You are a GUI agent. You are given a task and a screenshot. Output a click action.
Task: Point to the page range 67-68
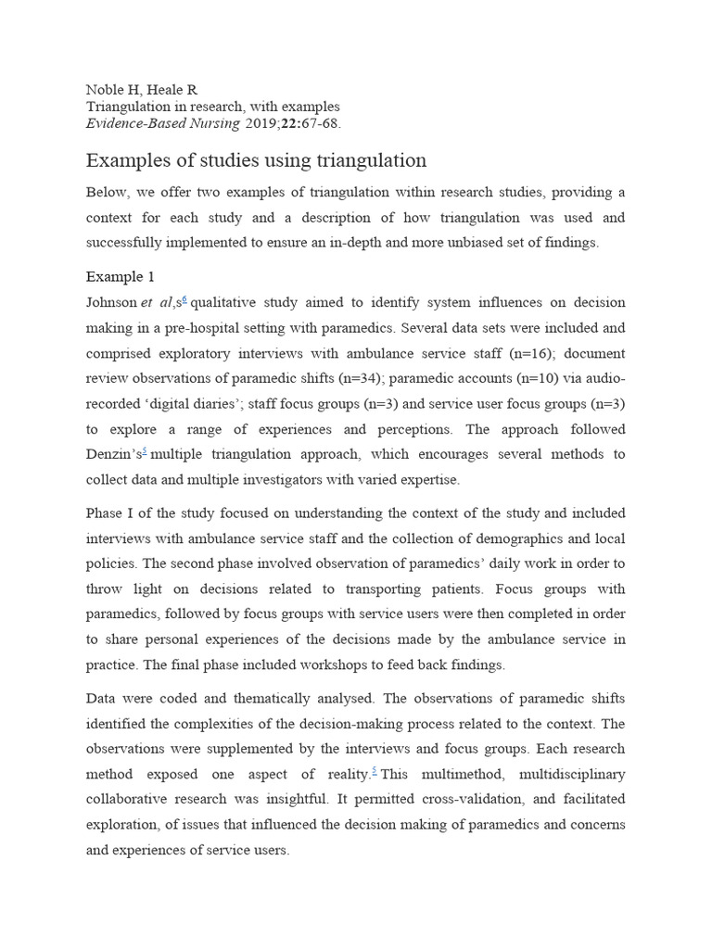[321, 123]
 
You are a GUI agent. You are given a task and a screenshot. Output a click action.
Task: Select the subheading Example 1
[121, 277]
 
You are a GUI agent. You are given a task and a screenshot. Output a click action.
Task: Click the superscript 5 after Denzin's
[146, 451]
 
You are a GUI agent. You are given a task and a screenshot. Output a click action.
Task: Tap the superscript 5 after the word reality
[375, 769]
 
